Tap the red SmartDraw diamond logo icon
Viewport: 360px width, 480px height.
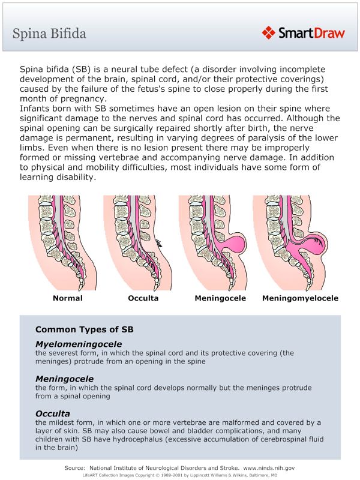coord(268,32)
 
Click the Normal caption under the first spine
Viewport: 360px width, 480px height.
coord(68,298)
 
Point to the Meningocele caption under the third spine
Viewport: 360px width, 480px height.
coord(220,298)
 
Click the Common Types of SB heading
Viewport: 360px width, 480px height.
coord(84,329)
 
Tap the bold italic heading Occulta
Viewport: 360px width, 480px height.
coord(53,413)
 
